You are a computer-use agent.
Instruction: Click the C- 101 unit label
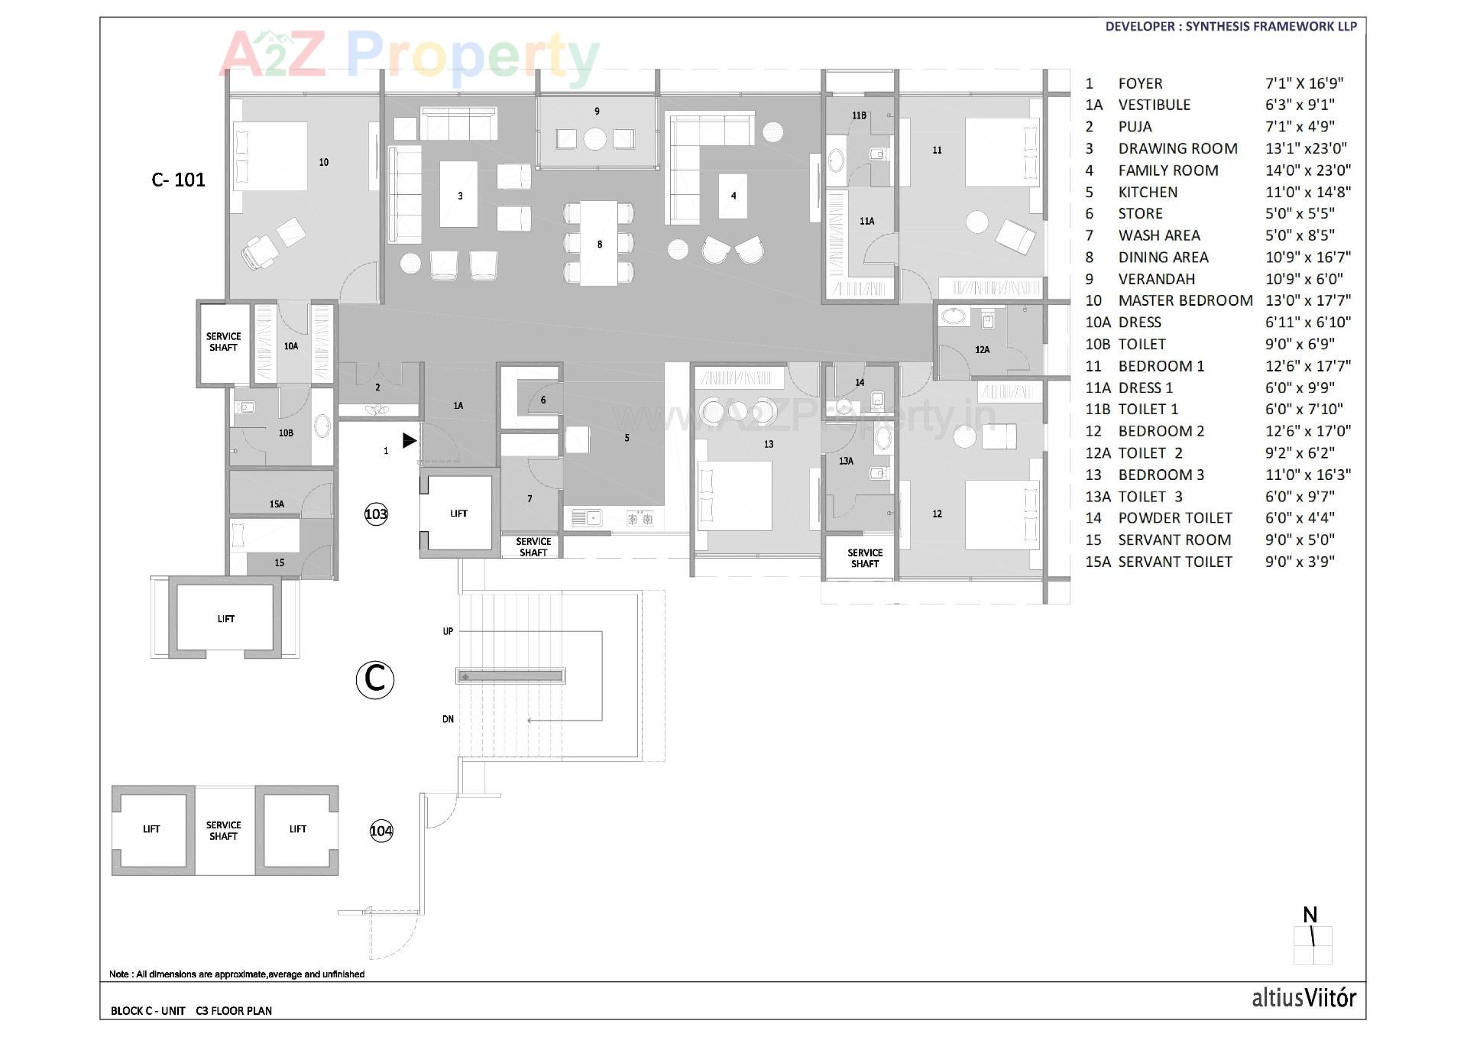point(178,180)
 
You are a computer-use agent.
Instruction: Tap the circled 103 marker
point(376,514)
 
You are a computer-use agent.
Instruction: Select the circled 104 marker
point(381,831)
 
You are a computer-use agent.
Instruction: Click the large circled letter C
point(374,679)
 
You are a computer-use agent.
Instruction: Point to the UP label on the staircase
point(448,631)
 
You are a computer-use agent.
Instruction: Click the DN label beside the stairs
point(448,719)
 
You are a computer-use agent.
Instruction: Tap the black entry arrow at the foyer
point(410,440)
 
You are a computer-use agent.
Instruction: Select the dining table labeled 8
point(599,243)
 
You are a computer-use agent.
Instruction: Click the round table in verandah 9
point(595,139)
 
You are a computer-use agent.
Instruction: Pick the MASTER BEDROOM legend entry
point(1185,300)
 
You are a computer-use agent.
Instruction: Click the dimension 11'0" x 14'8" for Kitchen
point(1307,192)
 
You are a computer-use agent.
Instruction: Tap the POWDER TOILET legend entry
point(1174,518)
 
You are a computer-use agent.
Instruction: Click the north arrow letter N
point(1310,915)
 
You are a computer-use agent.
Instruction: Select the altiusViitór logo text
point(1303,998)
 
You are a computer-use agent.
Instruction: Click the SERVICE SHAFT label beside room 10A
point(223,342)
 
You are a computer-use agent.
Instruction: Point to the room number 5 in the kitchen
point(627,438)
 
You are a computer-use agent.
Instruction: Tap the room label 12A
point(982,350)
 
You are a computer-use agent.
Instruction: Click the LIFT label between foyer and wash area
point(458,514)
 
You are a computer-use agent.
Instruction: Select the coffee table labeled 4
point(733,196)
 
